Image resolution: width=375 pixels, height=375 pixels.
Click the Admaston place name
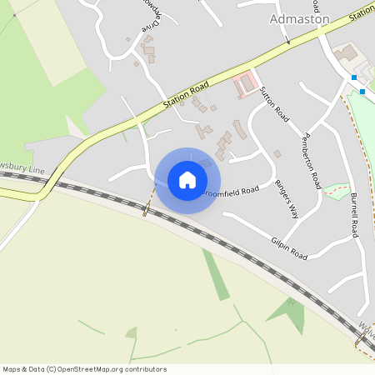pyautogui.click(x=300, y=17)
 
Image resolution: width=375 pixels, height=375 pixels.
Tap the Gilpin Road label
pyautogui.click(x=289, y=247)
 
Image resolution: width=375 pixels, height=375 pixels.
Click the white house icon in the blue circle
pyautogui.click(x=187, y=180)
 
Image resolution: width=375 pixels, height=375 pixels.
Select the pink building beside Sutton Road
pyautogui.click(x=246, y=84)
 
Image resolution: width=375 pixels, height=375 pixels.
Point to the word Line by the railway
pyautogui.click(x=36, y=169)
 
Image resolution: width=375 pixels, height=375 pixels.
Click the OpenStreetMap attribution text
pyautogui.click(x=84, y=369)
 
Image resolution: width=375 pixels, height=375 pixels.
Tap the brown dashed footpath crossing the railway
pyautogui.click(x=148, y=203)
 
